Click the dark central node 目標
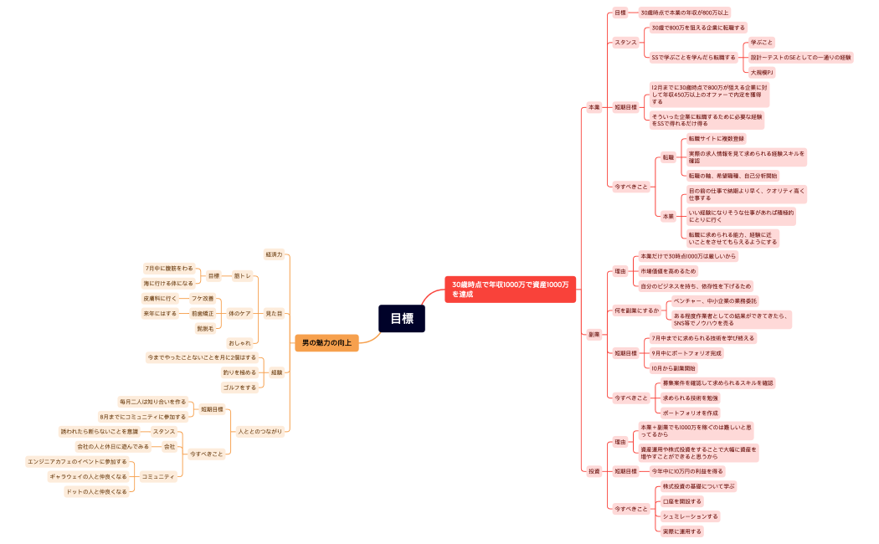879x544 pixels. point(402,318)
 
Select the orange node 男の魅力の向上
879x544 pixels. point(326,342)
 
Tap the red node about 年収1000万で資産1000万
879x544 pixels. point(510,289)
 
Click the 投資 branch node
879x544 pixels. point(594,471)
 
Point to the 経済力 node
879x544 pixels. point(274,254)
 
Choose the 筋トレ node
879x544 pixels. point(243,275)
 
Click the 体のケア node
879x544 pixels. point(239,313)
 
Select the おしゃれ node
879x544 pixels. point(239,342)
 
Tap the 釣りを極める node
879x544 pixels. point(239,372)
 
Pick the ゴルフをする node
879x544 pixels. point(239,387)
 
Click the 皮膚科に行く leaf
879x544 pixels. point(160,298)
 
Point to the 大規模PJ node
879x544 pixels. point(762,73)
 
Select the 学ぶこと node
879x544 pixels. point(762,42)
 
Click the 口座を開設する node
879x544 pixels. point(681,501)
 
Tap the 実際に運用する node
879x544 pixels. point(681,531)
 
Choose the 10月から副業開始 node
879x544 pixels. point(674,367)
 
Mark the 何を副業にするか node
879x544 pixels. point(636,310)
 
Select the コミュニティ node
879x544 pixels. point(158,476)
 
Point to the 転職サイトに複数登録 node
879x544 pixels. point(716,138)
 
